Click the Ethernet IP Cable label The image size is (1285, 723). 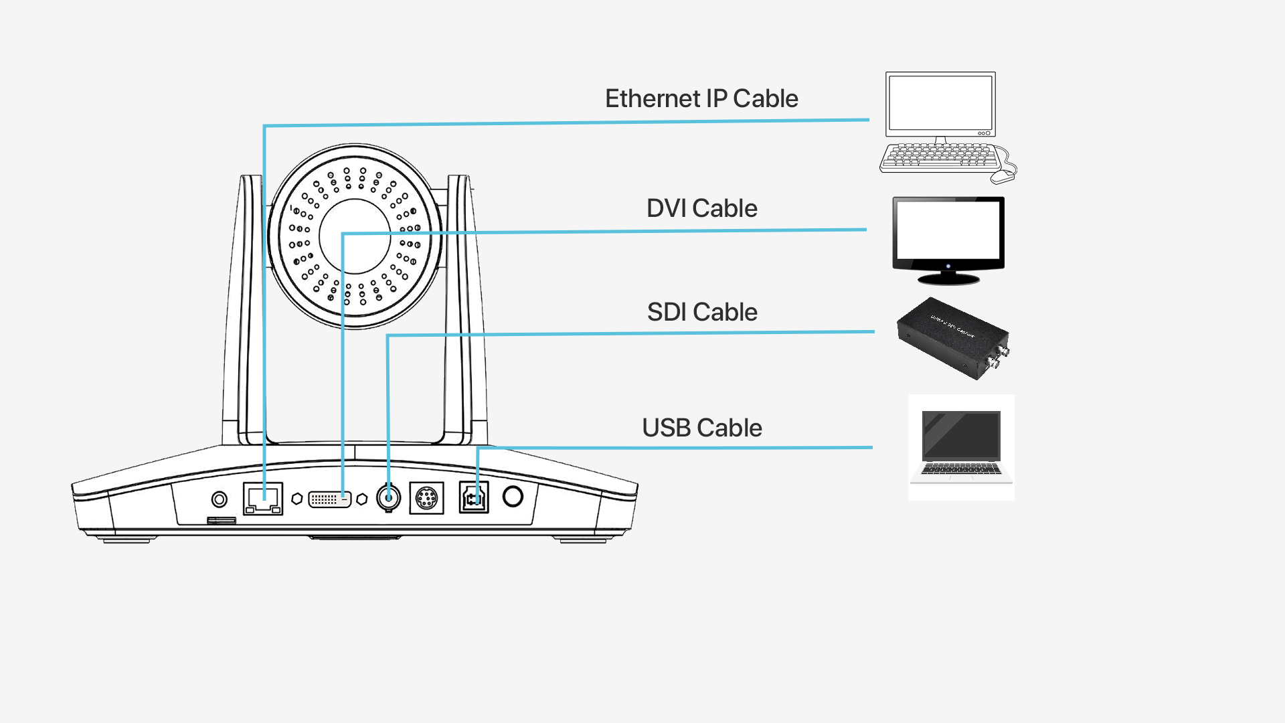point(701,98)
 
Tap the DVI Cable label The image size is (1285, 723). point(701,208)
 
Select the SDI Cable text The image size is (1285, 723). point(701,312)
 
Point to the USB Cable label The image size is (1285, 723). point(701,428)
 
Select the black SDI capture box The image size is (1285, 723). point(952,338)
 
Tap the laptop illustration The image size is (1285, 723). point(961,446)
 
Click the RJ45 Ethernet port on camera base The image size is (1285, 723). point(263,499)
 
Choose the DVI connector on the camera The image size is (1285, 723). point(329,499)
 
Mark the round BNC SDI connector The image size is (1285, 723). point(388,497)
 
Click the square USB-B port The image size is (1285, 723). point(474,497)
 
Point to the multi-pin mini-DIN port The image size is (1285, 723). point(426,497)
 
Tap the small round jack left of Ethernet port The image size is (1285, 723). point(219,499)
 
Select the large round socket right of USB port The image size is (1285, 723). point(513,496)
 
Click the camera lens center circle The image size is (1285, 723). point(355,236)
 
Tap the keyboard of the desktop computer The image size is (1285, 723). point(940,157)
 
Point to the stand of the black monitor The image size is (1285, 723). point(948,277)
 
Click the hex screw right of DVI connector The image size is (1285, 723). point(362,499)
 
